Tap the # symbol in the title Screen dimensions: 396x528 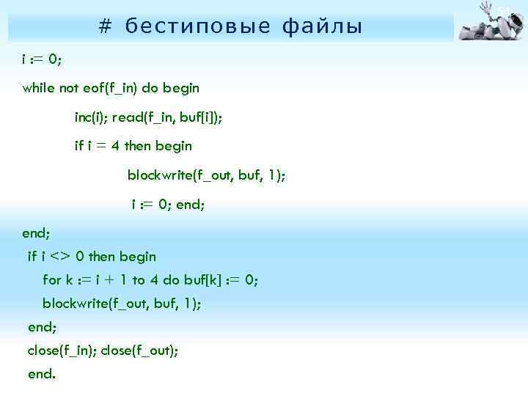pos(105,27)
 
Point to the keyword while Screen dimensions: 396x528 pos(38,88)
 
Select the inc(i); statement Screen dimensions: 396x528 pos(92,117)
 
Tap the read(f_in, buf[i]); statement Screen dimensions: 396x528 pos(172,117)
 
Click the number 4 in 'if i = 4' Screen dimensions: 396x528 pos(116,146)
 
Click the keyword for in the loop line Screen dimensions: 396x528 pos(52,280)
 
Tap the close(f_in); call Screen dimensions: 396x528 pos(62,351)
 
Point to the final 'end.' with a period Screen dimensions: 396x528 pos(41,374)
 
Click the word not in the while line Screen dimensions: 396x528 pos(69,88)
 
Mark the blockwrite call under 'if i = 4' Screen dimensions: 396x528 pos(206,175)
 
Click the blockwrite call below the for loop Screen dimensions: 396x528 pos(121,304)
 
